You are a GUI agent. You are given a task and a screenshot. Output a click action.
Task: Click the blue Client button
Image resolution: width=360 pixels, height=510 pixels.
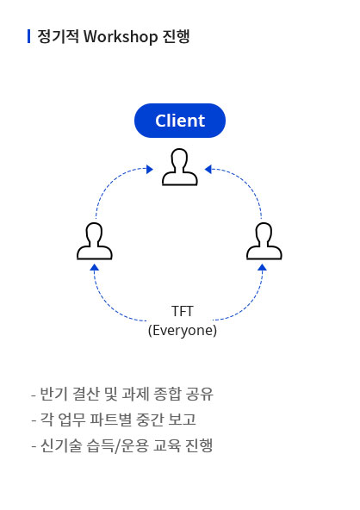pyautogui.click(x=180, y=121)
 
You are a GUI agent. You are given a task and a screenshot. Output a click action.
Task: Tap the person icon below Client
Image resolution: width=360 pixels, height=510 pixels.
pyautogui.click(x=180, y=167)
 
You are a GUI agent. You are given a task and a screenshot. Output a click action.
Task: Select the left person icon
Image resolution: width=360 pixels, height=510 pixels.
pyautogui.click(x=95, y=241)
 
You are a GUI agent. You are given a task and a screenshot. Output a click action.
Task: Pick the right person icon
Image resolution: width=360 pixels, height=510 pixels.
pyautogui.click(x=264, y=241)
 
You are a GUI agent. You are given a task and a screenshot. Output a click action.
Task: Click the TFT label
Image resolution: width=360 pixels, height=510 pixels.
pyautogui.click(x=182, y=311)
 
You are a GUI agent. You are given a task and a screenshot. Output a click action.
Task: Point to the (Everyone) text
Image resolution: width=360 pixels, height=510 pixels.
pyautogui.click(x=182, y=331)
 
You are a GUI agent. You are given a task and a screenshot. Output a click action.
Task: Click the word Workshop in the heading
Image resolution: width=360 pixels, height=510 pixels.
pyautogui.click(x=121, y=36)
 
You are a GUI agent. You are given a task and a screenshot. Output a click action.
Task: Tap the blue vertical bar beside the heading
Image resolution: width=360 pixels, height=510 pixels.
pyautogui.click(x=29, y=36)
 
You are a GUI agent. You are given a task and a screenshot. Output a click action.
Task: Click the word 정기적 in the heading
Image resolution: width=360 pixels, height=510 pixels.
pyautogui.click(x=58, y=36)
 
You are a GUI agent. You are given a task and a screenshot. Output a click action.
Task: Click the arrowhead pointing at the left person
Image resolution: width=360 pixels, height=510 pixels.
pyautogui.click(x=95, y=267)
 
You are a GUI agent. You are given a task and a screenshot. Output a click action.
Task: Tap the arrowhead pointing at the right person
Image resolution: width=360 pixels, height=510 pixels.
pyautogui.click(x=262, y=267)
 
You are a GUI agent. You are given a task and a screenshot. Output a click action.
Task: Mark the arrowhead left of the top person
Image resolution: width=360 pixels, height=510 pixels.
pyautogui.click(x=150, y=169)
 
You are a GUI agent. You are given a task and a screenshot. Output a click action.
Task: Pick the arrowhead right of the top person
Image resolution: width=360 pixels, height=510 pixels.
pyautogui.click(x=208, y=169)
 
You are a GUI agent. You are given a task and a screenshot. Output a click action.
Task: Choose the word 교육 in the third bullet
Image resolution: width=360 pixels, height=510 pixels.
pyautogui.click(x=167, y=445)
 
